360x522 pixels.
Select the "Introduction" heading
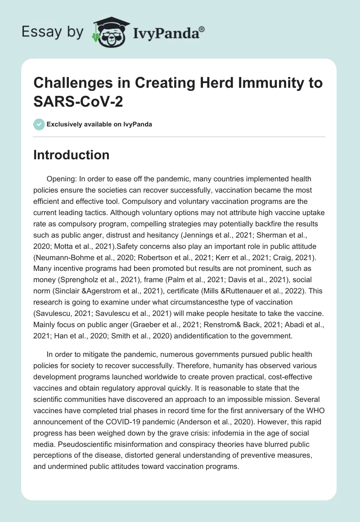[x=72, y=155]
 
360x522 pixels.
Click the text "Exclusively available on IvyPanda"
[x=99, y=124]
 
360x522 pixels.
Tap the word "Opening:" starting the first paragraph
[x=61, y=179]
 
